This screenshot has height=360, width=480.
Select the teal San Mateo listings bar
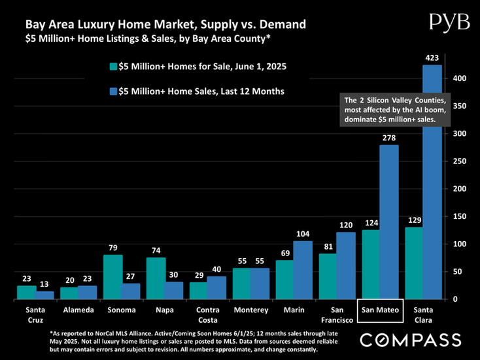(x=371, y=264)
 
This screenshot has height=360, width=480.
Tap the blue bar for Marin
(x=303, y=269)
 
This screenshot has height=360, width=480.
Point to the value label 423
(x=432, y=58)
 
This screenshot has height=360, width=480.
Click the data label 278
(x=389, y=138)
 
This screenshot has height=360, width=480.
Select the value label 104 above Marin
(x=303, y=234)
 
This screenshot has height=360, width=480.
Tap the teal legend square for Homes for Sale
(x=113, y=66)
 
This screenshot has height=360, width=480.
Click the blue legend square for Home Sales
(x=113, y=91)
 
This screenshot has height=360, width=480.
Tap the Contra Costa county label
(x=207, y=313)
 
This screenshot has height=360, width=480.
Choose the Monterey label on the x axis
(x=250, y=308)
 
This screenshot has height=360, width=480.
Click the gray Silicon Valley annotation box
(x=394, y=110)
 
